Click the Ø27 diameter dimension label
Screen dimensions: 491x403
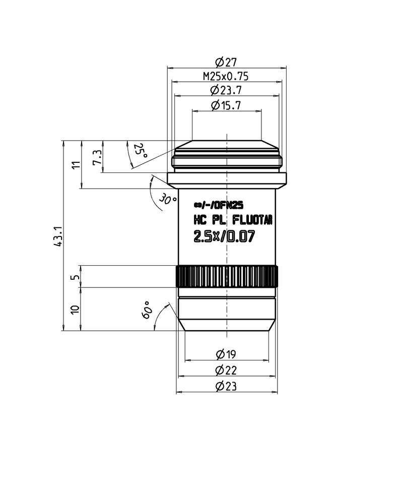pos(226,62)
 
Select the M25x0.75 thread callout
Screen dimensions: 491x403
pos(226,77)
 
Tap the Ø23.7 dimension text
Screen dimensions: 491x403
pos(226,91)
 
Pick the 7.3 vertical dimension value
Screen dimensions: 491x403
pos(96,157)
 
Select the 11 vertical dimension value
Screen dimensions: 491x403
pos(76,165)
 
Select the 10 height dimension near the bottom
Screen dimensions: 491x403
pos(76,310)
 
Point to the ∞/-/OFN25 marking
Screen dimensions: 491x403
pos(219,205)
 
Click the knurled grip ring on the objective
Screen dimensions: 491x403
pos(226,277)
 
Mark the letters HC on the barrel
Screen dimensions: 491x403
pos(201,220)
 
